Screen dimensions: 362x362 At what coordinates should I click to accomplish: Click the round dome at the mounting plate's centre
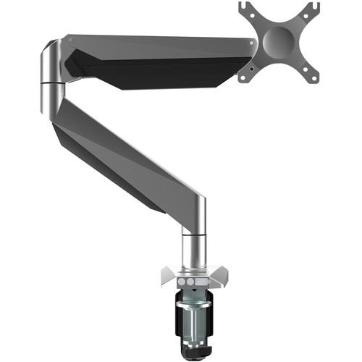coord(279,39)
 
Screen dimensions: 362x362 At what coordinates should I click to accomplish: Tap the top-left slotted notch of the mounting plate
coord(248,9)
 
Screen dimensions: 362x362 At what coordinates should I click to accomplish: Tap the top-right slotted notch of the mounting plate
coord(311,9)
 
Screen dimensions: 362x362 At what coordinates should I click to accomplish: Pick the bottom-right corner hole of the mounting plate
coord(313,75)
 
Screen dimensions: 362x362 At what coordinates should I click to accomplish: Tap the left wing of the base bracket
coord(165,276)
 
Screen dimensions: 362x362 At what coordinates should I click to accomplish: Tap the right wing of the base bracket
coord(219,276)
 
